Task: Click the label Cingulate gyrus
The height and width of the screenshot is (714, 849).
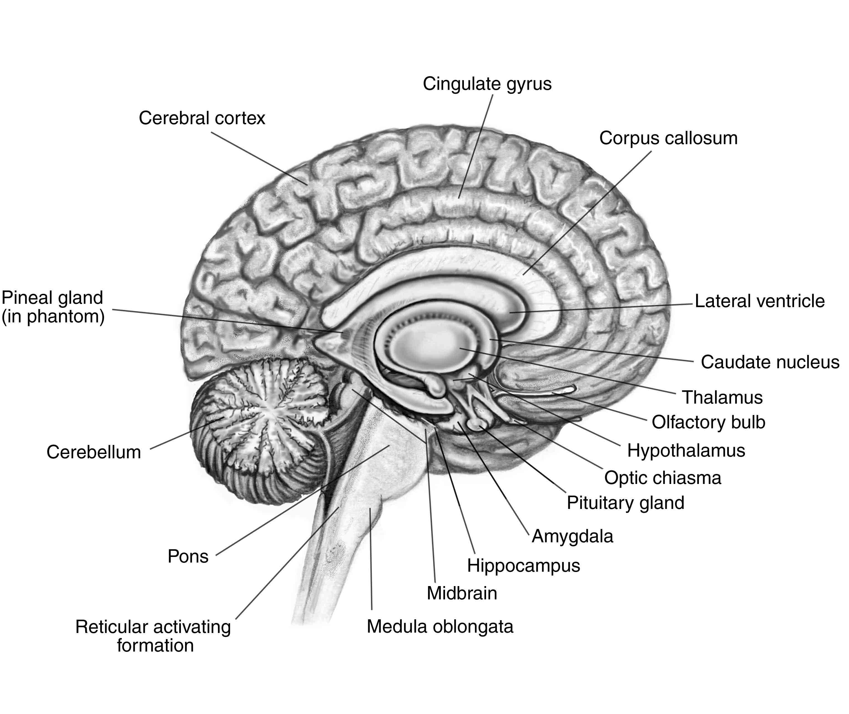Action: [487, 84]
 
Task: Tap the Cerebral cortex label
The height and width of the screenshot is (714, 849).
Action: [202, 118]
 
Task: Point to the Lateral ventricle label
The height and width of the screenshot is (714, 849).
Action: [760, 301]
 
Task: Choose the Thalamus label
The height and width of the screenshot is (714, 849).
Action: [722, 397]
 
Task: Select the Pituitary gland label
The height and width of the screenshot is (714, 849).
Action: [625, 503]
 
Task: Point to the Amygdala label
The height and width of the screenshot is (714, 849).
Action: [572, 537]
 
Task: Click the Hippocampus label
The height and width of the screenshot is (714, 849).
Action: [523, 566]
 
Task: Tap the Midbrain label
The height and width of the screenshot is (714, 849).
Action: [462, 593]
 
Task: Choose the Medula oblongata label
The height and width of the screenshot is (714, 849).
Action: [440, 627]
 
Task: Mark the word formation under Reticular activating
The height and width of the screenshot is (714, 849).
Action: [155, 645]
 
